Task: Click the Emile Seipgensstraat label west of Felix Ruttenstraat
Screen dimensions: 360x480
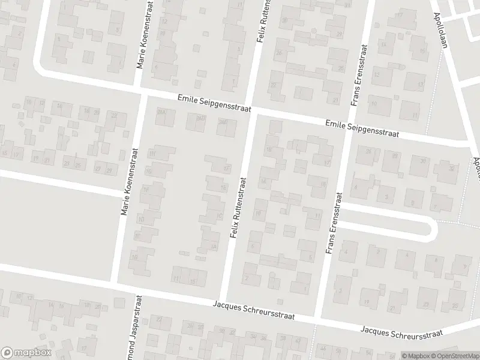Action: coord(213,103)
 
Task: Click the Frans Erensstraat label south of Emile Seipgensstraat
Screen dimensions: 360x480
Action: coord(334,223)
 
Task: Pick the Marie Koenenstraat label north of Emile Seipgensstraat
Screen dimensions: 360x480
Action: coord(144,37)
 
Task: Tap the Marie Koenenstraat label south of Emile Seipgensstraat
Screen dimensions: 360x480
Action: coord(129,182)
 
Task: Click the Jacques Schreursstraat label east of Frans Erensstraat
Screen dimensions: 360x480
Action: coord(401,331)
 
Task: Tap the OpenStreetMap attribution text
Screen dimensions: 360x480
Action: coord(453,356)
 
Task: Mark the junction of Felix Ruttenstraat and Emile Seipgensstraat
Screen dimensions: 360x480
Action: coord(252,109)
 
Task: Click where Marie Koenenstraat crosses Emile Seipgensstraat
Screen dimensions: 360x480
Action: coord(142,94)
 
